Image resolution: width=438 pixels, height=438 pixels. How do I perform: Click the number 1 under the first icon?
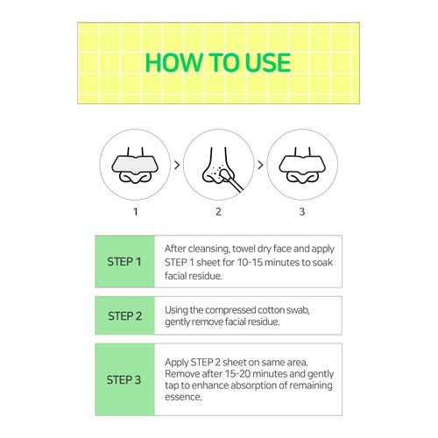[x=136, y=211]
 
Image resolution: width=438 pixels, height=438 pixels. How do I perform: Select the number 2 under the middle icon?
[x=218, y=211]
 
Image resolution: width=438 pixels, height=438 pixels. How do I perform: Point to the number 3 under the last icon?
[x=302, y=211]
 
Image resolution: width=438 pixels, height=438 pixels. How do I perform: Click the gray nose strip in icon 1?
[x=135, y=165]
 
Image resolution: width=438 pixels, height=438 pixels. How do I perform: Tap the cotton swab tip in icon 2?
[x=225, y=175]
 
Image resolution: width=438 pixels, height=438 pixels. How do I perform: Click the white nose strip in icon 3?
[x=302, y=165]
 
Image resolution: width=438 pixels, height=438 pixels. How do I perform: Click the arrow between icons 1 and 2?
[x=177, y=165]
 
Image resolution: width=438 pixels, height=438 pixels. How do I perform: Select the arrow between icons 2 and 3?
[x=260, y=165]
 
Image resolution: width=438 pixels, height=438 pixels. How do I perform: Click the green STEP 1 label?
[x=125, y=261]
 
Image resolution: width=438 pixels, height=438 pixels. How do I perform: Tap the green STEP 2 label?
[x=125, y=315]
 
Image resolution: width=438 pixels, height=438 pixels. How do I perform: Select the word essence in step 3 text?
[x=183, y=397]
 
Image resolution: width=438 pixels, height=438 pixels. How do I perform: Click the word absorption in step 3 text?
[x=253, y=385]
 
